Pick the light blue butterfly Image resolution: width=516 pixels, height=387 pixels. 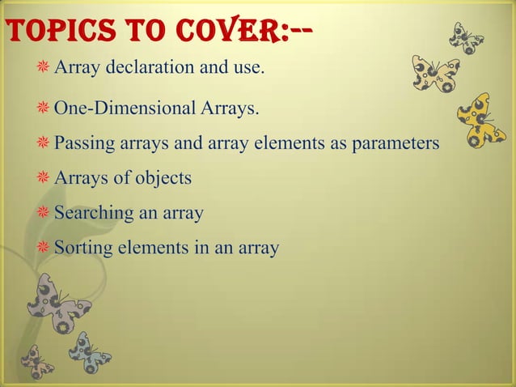point(88,353)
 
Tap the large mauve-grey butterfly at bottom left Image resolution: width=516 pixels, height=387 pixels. point(57,303)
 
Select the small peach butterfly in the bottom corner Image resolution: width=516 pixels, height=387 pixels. point(36,362)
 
